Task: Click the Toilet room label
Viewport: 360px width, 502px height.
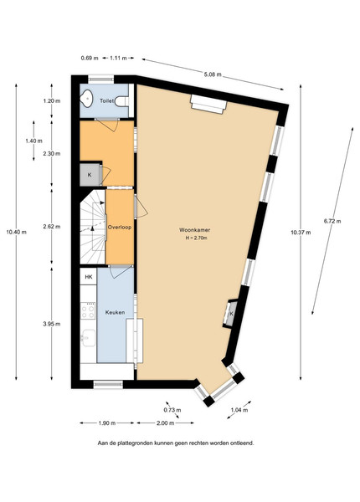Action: tap(106, 101)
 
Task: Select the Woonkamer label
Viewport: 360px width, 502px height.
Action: tap(195, 230)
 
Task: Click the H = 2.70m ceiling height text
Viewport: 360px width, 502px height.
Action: tap(197, 238)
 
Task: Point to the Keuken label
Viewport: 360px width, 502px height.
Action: tap(115, 312)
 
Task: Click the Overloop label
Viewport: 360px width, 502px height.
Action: tap(120, 228)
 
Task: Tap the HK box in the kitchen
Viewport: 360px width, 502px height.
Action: tap(89, 277)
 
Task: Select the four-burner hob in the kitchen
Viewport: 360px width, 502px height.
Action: tap(88, 310)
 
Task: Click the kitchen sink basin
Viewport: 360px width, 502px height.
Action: tap(89, 338)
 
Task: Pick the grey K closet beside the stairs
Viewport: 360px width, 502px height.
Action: tap(90, 175)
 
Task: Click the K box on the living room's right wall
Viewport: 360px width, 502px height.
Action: tap(230, 314)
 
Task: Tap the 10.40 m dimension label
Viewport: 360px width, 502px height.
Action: tap(17, 232)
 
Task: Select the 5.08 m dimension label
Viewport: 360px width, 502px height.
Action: tap(213, 74)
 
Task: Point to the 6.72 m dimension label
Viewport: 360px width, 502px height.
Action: tap(332, 221)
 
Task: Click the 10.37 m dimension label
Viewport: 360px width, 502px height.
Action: tap(301, 233)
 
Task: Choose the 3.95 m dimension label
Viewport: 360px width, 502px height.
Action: tap(52, 324)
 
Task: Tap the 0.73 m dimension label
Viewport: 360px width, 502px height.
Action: tap(172, 410)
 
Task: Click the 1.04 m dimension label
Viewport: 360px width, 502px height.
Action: tap(239, 410)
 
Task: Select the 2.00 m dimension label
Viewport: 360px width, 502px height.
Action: tap(166, 423)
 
